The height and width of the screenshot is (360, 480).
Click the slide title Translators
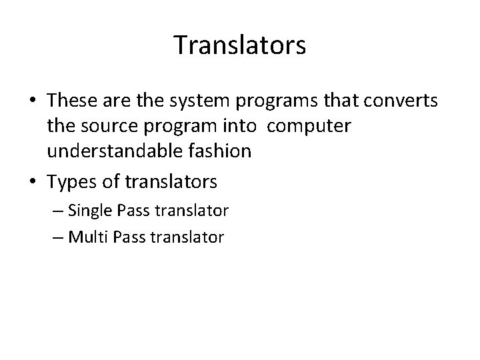tap(240, 46)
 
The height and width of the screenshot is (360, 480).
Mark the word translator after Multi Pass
tap(189, 236)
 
